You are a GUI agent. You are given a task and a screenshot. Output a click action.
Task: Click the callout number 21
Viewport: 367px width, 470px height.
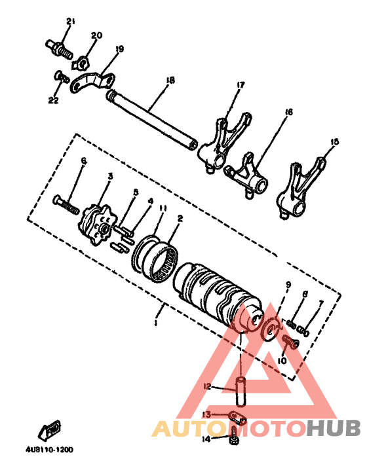click(71, 22)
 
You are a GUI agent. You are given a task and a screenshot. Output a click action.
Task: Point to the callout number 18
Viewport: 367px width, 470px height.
click(170, 81)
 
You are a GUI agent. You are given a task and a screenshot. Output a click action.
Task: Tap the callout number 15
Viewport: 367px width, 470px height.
click(335, 141)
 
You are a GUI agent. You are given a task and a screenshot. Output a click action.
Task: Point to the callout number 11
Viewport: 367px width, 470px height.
click(163, 208)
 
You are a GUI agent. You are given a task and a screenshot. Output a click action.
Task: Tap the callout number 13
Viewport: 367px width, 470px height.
click(206, 414)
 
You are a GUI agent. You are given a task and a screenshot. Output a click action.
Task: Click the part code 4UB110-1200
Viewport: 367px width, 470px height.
click(50, 450)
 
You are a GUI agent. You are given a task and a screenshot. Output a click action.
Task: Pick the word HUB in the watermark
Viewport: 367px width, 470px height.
click(334, 429)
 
